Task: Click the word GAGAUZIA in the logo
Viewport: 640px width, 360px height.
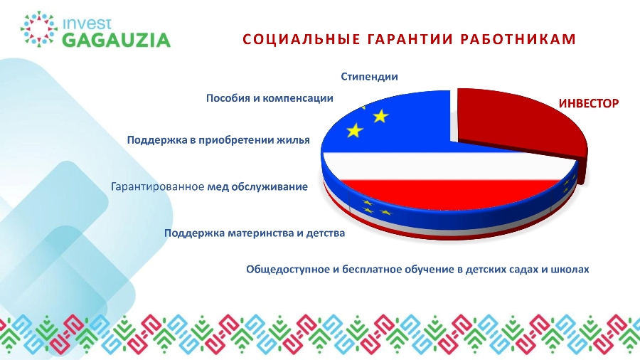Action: [117, 41]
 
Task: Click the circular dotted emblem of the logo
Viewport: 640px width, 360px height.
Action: [39, 29]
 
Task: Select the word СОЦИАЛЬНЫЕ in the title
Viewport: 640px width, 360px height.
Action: [302, 39]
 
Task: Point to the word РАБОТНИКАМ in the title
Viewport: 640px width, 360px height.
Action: [518, 39]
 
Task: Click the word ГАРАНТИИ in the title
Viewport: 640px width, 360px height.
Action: [410, 39]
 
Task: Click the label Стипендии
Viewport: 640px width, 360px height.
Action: [369, 77]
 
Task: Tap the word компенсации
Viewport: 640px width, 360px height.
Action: [297, 99]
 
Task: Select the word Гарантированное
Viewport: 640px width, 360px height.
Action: [158, 187]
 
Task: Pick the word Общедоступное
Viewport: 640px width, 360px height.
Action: [287, 270]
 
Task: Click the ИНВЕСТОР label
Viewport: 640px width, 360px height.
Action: [589, 104]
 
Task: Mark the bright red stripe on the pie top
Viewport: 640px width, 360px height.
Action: [449, 194]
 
